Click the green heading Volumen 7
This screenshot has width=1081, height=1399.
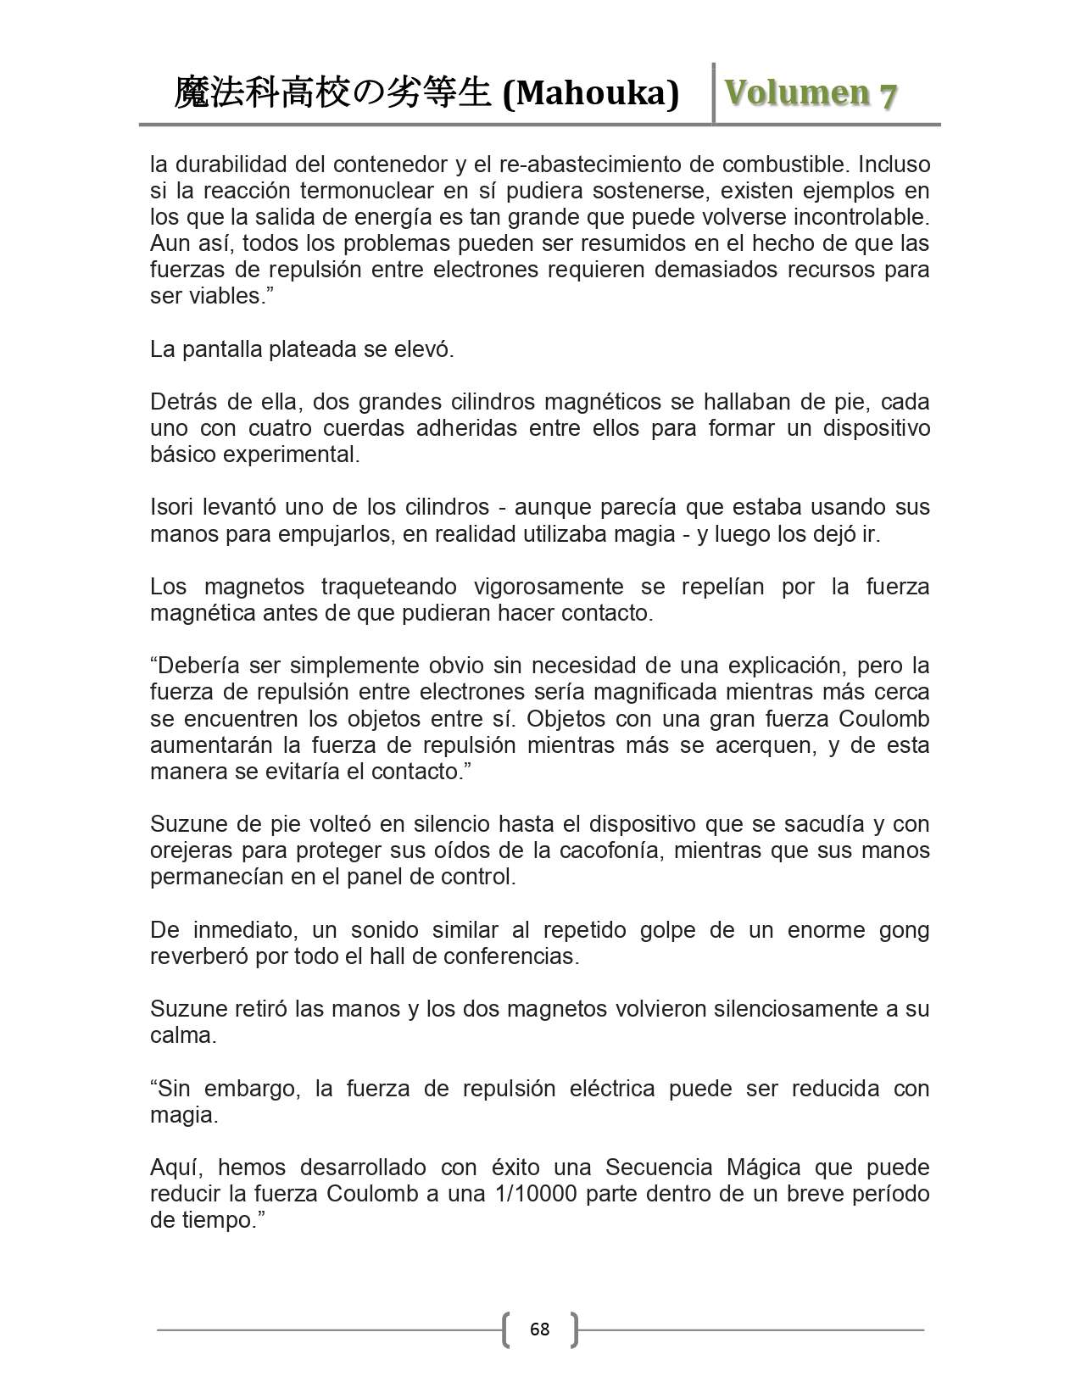(x=811, y=93)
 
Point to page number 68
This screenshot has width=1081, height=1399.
(x=539, y=1329)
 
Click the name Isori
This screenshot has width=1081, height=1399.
(x=171, y=507)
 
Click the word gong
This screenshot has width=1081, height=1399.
(x=905, y=930)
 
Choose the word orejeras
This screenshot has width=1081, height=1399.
(x=191, y=850)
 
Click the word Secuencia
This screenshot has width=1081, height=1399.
(x=659, y=1168)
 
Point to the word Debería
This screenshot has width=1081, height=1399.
(x=195, y=666)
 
